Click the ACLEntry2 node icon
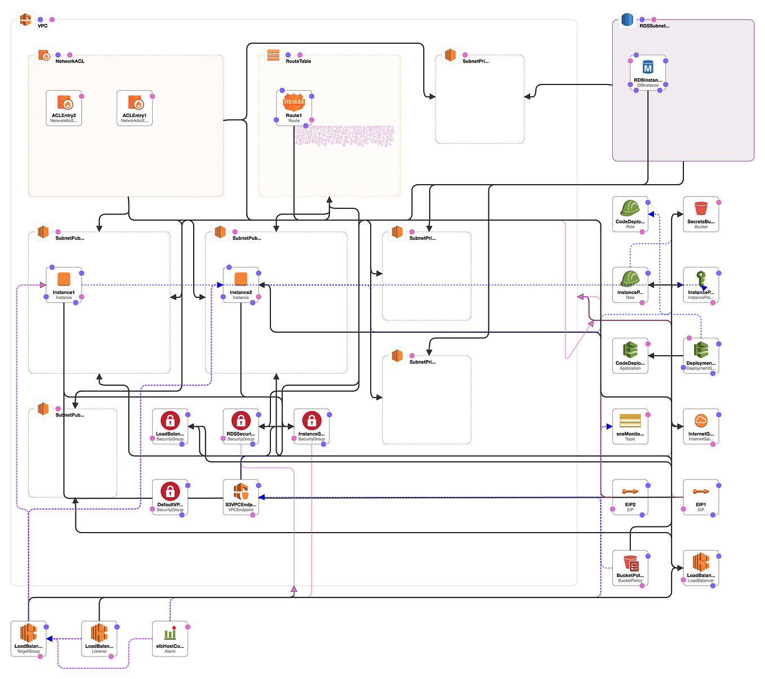pyautogui.click(x=64, y=103)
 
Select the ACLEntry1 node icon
pyautogui.click(x=135, y=103)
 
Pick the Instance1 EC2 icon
pyautogui.click(x=64, y=280)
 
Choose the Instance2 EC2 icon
pyautogui.click(x=241, y=280)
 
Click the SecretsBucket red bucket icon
pyautogui.click(x=701, y=209)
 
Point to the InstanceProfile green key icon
pyautogui.click(x=701, y=280)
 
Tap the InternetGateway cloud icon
pyautogui.click(x=701, y=421)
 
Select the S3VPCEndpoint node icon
pyautogui.click(x=241, y=492)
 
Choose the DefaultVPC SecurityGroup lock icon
pyautogui.click(x=170, y=492)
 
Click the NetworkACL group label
pyautogui.click(x=70, y=61)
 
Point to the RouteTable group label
pyautogui.click(x=298, y=61)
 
